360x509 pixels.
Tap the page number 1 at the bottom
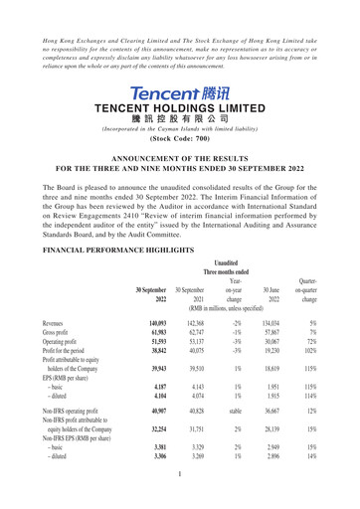[180, 503]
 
